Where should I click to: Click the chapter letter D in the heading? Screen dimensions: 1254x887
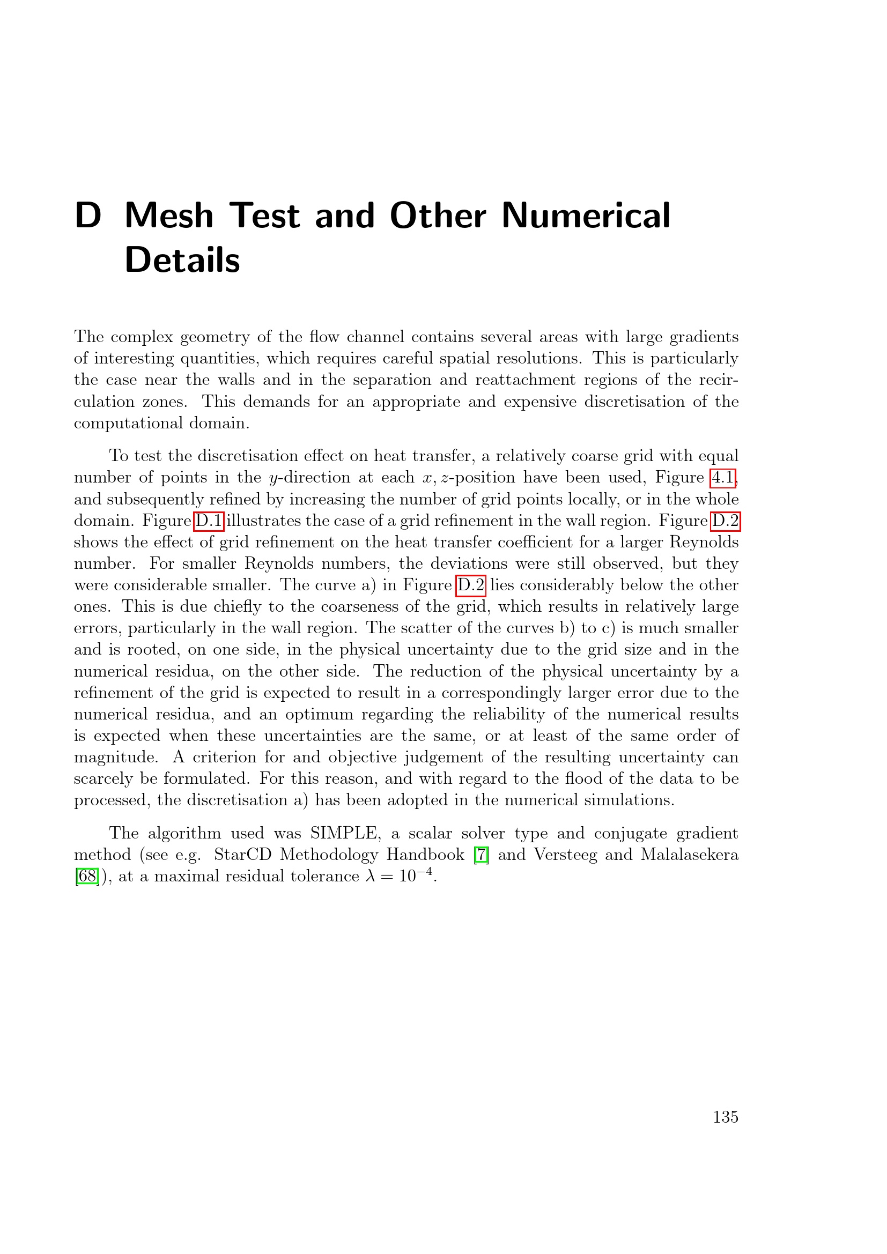click(88, 215)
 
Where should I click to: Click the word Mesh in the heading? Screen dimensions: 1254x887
click(169, 215)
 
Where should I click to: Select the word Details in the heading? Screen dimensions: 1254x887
click(182, 260)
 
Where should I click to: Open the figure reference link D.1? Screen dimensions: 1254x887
click(209, 521)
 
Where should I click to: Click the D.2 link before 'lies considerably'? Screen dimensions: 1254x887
click(470, 585)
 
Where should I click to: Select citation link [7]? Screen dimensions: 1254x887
click(481, 855)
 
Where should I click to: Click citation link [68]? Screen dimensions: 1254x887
click(87, 877)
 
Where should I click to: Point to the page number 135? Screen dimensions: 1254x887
click(726, 1117)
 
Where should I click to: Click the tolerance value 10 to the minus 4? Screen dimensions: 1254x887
click(415, 875)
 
